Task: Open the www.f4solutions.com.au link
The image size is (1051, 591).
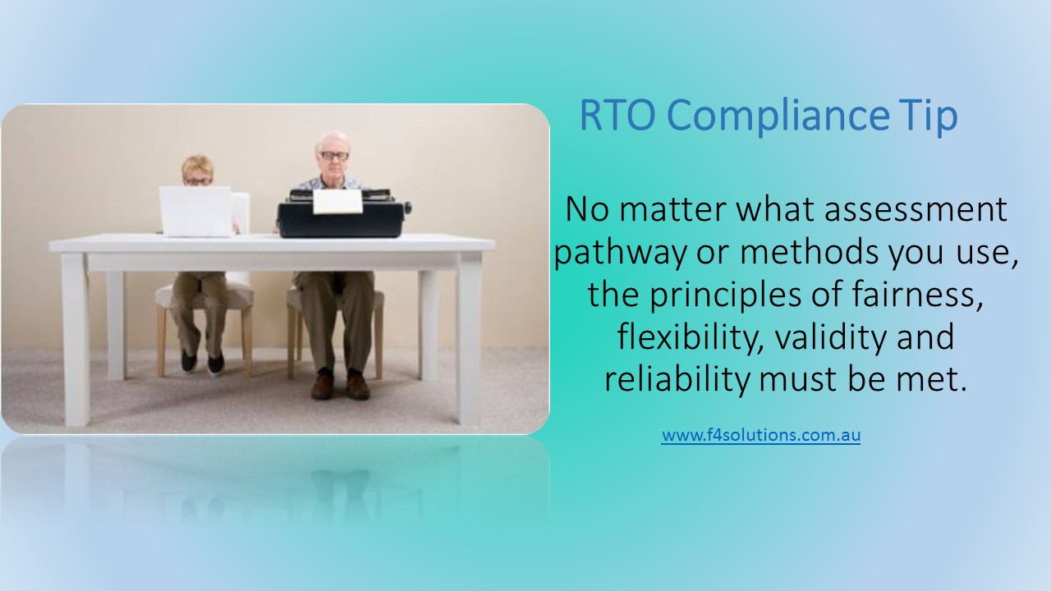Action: [760, 435]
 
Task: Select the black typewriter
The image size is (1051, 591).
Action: [341, 218]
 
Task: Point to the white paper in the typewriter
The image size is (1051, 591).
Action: [337, 201]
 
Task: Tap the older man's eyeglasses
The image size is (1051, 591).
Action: [334, 156]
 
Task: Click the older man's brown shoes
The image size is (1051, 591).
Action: [340, 386]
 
